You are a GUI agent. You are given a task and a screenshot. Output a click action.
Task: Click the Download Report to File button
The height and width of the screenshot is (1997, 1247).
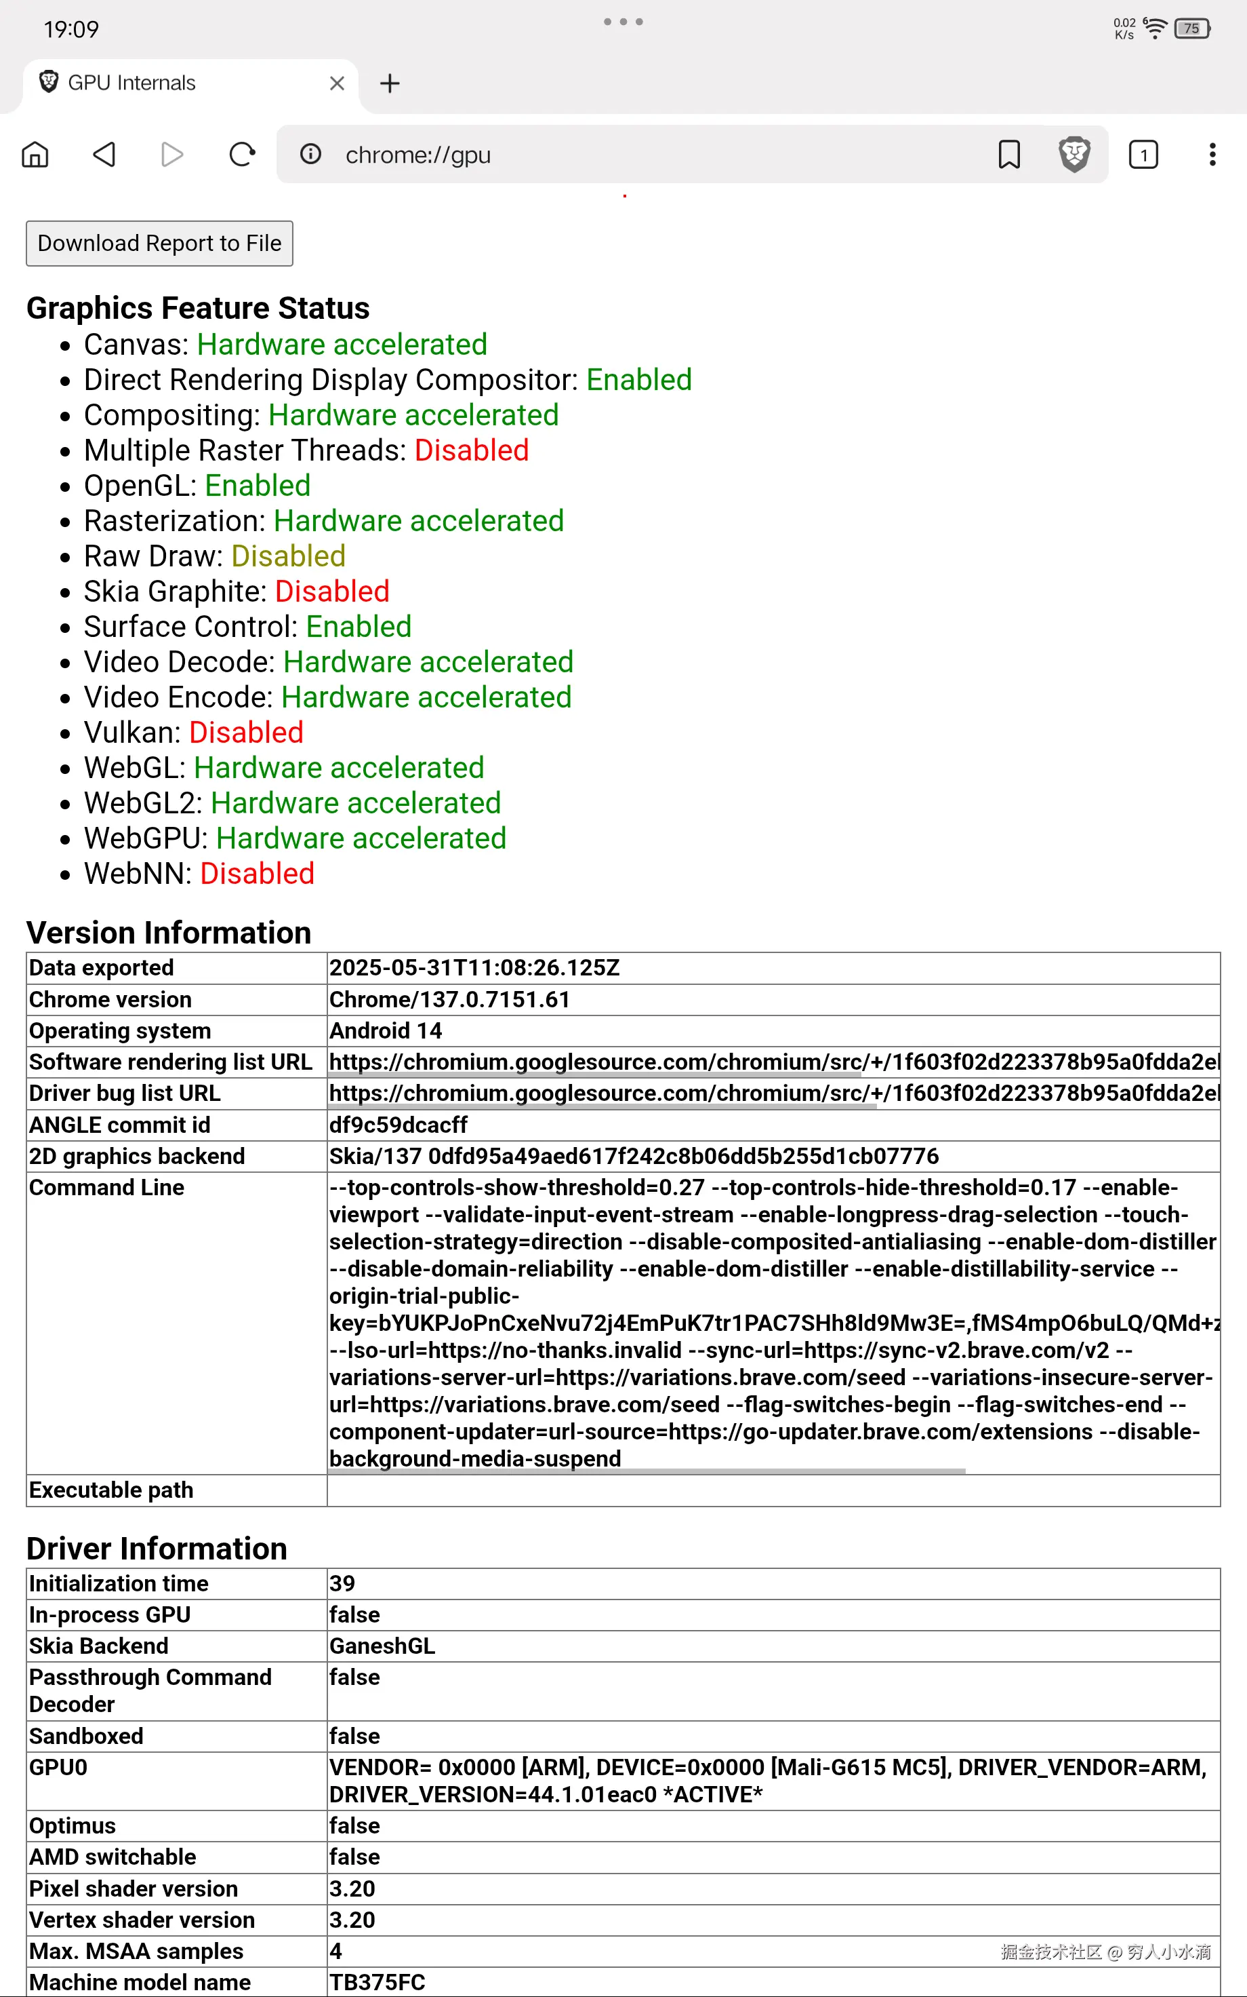pos(159,244)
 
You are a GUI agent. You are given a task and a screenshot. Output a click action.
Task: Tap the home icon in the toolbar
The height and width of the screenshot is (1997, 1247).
pos(35,154)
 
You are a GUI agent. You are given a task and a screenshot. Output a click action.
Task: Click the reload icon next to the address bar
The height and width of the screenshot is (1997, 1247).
pos(242,154)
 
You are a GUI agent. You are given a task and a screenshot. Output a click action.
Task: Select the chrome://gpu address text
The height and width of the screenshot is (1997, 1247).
pos(417,155)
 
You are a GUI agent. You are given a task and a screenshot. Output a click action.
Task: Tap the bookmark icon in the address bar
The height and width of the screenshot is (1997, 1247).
pos(1008,154)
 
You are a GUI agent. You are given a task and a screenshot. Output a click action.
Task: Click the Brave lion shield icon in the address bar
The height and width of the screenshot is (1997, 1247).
pos(1074,154)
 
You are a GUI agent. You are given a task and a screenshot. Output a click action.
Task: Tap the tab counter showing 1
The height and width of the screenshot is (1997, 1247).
pos(1143,154)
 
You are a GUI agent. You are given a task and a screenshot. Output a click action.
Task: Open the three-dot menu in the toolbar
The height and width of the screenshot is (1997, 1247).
pos(1212,154)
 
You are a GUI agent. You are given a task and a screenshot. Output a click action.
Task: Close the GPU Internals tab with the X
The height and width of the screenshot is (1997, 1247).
pos(337,83)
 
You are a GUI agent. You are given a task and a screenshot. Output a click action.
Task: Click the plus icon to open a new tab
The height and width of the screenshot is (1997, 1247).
pos(389,83)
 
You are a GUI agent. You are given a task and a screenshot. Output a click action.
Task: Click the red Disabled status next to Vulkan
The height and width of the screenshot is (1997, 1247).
pos(246,732)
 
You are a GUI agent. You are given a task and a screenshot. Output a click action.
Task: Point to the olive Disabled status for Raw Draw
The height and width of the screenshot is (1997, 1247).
pos(288,556)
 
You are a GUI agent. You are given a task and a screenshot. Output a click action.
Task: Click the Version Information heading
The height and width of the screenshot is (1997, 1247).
pos(168,933)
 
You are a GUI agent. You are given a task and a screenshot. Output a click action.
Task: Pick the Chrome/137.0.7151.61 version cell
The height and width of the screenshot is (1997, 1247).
pos(449,999)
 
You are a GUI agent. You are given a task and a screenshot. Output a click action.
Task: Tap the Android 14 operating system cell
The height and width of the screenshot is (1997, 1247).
pos(385,1030)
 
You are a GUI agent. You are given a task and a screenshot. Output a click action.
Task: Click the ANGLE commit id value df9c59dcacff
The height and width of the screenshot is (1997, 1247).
pos(398,1125)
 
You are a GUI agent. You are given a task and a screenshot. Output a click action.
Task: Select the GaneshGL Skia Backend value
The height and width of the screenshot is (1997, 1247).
pos(382,1646)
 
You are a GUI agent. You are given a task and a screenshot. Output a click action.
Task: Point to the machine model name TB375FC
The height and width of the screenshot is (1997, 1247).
pos(377,1982)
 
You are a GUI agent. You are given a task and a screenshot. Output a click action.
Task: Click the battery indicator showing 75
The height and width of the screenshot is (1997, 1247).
pos(1191,29)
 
